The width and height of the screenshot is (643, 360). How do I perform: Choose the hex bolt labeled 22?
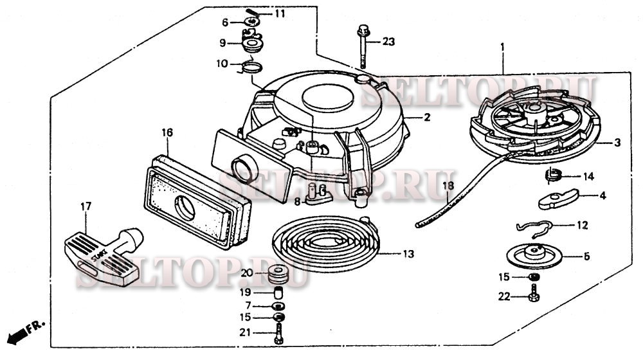point(533,296)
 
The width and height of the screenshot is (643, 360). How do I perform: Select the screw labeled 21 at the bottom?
point(278,333)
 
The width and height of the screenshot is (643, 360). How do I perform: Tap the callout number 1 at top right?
point(503,46)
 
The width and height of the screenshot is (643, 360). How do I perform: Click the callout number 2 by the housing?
point(426,117)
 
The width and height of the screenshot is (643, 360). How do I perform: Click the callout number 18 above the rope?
point(448,185)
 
